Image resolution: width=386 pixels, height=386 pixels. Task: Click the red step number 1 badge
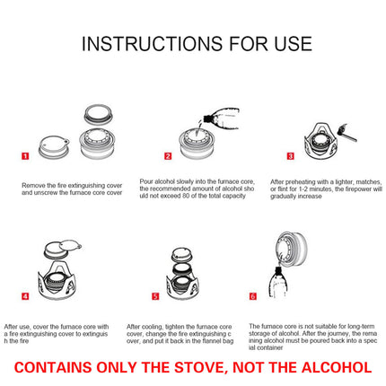(x=25, y=155)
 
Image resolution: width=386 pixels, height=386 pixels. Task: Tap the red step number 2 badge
(x=167, y=155)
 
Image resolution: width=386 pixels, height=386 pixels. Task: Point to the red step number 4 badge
(x=25, y=295)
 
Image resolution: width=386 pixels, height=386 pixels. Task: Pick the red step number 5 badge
(x=155, y=295)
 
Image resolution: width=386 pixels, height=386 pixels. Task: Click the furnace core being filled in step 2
(x=194, y=146)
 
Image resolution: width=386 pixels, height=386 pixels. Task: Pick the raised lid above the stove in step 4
(x=63, y=250)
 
